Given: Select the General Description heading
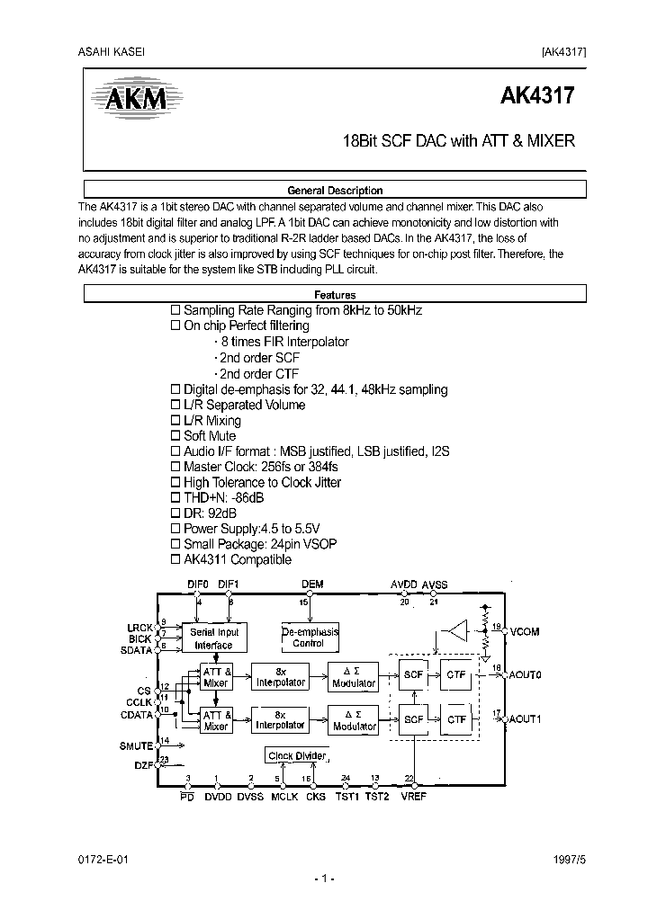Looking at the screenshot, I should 334,191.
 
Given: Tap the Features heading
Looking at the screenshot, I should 334,295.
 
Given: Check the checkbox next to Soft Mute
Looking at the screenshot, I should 176,436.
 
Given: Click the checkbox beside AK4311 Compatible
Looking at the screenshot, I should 176,560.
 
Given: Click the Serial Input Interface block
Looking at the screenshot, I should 214,638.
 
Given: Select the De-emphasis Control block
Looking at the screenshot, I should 309,638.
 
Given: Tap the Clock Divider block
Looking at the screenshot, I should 295,755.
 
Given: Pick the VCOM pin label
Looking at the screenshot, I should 524,632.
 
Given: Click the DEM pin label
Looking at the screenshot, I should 312,584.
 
